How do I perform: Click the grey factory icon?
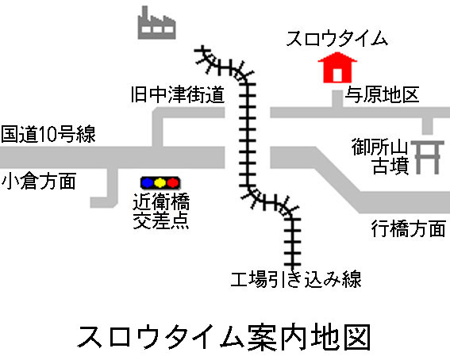coord(156,24)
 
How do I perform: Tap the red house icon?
coord(337,67)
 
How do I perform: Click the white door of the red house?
coord(337,75)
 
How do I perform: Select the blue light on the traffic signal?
coord(148,183)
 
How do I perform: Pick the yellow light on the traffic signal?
coord(160,183)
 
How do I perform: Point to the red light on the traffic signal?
coord(173,183)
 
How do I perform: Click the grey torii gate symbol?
coord(427,157)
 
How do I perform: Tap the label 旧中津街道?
coord(178,94)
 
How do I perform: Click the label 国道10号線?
coord(48,134)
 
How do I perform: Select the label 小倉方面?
coord(39,181)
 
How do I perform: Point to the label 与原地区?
coord(382,94)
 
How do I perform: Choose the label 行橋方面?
coord(409,228)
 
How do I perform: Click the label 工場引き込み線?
coord(296,279)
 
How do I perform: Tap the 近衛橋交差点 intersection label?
coord(161,211)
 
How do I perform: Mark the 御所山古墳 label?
coord(380,156)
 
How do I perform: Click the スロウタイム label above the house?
coord(337,38)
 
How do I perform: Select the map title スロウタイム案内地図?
coord(224,337)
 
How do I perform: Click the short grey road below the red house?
coord(337,99)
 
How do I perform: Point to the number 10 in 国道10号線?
coord(48,135)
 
